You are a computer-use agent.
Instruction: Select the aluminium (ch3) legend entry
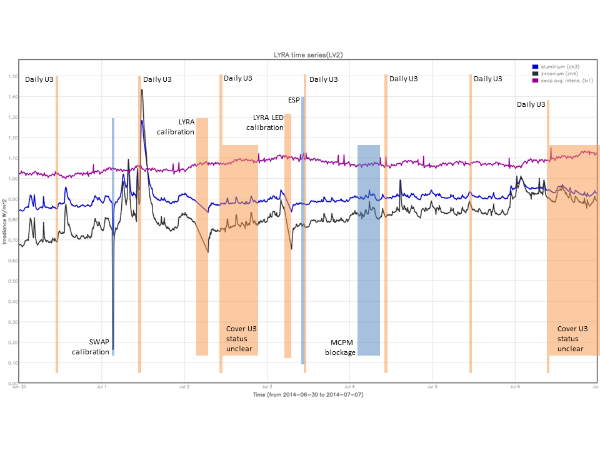coord(554,66)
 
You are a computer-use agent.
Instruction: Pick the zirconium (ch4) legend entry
coord(552,73)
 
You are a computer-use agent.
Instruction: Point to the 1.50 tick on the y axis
coord(12,76)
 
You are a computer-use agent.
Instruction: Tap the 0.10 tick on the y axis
coord(12,362)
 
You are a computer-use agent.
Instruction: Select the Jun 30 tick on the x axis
coord(19,387)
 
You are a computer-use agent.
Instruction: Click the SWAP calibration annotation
coord(90,346)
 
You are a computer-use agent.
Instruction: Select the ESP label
coord(294,99)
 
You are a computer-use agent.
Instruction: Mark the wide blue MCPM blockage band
coord(369,250)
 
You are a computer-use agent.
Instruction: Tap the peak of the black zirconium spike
coord(142,90)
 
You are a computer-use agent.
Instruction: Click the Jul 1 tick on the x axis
coord(101,387)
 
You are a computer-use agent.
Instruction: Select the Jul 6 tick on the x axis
coord(514,387)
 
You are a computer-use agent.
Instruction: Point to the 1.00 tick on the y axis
coord(12,179)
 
